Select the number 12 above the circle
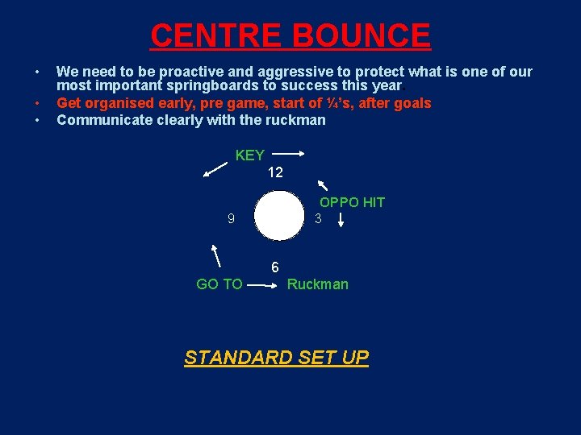pos(275,172)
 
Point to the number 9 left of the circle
pos(231,218)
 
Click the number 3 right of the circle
pos(319,218)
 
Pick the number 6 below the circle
pos(275,267)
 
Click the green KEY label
pos(249,155)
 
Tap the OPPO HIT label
pos(352,202)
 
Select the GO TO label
pos(219,284)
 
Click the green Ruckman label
pos(318,284)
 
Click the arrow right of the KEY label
pos(286,151)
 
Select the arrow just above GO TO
pos(216,255)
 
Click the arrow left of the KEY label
pos(215,168)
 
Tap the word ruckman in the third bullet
pos(297,120)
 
